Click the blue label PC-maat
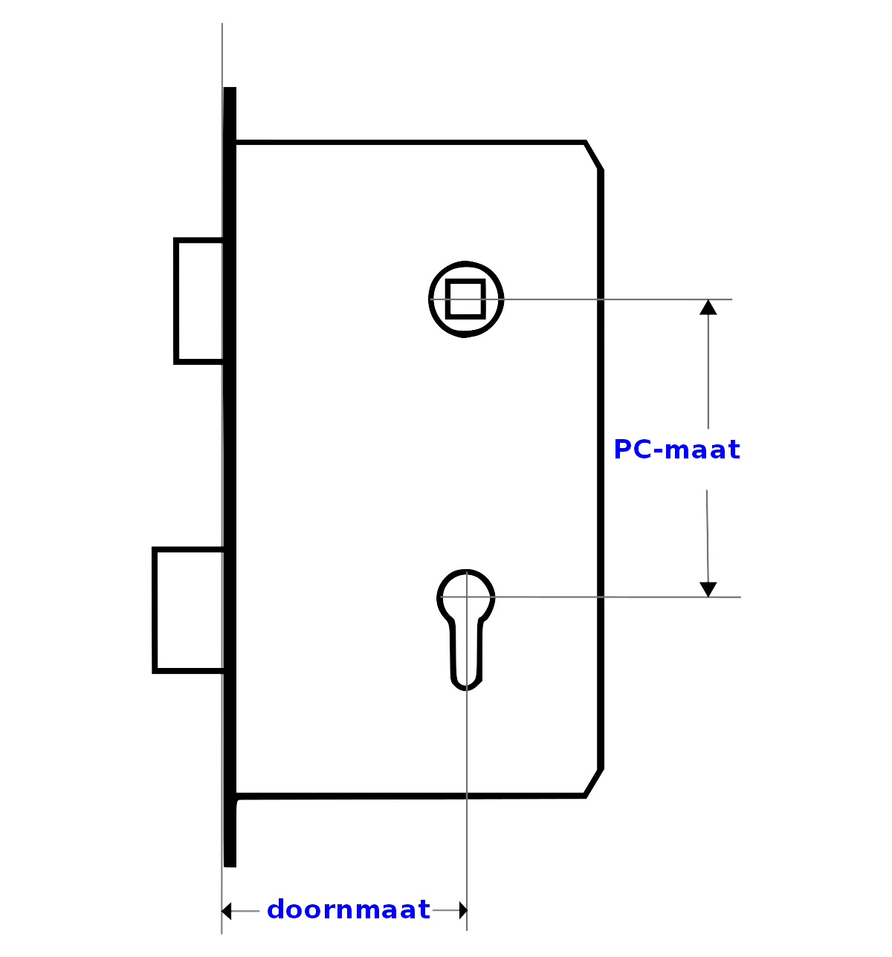point(676,450)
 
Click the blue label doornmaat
point(348,909)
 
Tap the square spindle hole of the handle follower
point(465,299)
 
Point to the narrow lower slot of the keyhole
point(466,656)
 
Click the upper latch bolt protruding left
point(198,301)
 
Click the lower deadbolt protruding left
point(188,610)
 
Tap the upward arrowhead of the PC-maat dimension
point(708,307)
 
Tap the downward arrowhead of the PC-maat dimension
point(708,589)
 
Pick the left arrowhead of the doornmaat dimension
point(226,911)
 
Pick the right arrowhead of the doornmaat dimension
point(463,910)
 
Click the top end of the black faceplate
point(230,88)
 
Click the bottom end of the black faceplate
point(230,866)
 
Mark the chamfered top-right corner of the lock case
point(593,155)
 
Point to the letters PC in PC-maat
point(633,450)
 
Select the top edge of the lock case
point(410,142)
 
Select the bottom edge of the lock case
point(410,796)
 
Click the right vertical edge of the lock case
point(601,470)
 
